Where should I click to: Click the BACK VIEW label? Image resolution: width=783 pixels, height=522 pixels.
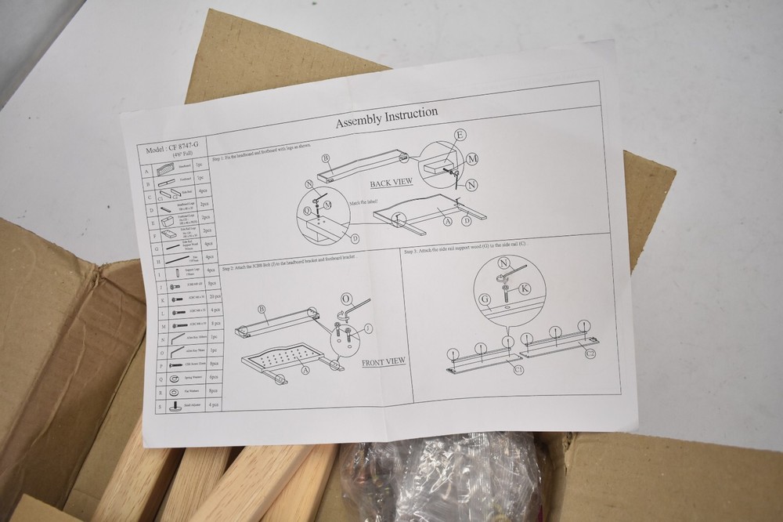pos(391,184)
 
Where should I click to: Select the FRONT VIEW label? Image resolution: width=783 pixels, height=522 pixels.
pos(384,361)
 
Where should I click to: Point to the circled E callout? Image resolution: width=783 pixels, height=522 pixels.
pos(460,136)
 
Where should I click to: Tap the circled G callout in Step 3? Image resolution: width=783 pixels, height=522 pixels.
pos(485,298)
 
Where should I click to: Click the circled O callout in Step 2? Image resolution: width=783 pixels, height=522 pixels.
pos(346,299)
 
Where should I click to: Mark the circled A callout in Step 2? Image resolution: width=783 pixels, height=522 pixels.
pos(305,369)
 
